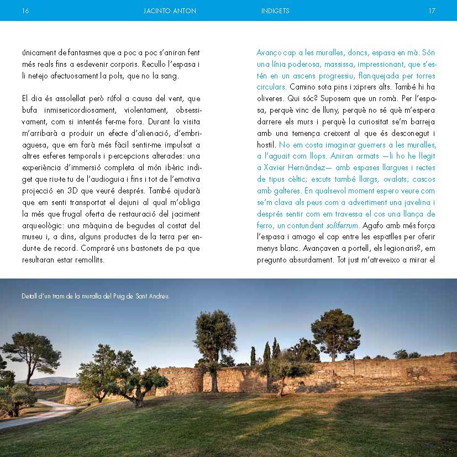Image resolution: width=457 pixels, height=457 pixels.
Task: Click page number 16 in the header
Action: [25, 10]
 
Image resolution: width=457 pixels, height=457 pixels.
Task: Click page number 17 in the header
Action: [432, 10]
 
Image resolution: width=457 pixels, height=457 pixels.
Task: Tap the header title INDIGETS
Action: [275, 10]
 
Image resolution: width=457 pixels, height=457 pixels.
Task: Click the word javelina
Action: [414, 202]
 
